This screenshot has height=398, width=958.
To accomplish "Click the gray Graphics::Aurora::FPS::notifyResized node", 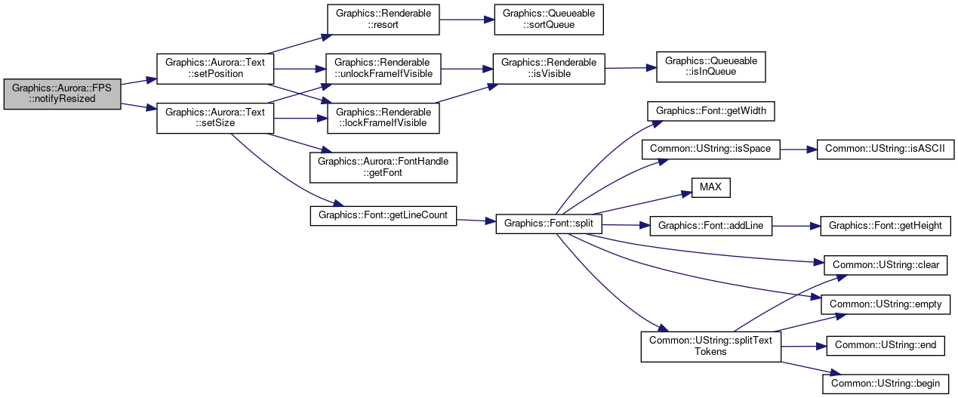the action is click(x=63, y=94).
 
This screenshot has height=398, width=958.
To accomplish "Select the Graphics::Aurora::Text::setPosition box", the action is click(x=215, y=69).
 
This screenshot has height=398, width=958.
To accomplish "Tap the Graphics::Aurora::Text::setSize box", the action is click(x=215, y=118).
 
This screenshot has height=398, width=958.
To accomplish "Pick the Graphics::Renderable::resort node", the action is click(x=384, y=20).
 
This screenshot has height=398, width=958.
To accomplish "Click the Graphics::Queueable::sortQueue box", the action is click(x=549, y=20).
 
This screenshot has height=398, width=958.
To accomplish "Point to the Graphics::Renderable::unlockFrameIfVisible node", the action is click(x=384, y=69).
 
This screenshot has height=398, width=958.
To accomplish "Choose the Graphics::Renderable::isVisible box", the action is click(x=549, y=69).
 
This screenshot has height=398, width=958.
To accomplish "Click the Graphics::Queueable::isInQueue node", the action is click(x=711, y=66).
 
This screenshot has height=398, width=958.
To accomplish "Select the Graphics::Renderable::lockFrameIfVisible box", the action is click(x=384, y=118).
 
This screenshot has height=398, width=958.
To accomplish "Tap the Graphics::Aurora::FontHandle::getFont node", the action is click(x=384, y=168).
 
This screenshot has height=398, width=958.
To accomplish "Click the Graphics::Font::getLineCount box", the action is click(x=384, y=216).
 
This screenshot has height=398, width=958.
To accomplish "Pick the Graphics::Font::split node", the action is click(x=549, y=224).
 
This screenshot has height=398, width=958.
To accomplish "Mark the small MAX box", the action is click(x=711, y=187).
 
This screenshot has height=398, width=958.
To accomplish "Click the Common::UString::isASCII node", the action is click(x=886, y=150).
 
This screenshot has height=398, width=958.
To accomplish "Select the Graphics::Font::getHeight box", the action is click(x=886, y=226).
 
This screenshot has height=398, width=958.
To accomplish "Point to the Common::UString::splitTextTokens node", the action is click(x=711, y=346).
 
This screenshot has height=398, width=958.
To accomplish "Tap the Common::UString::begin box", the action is click(x=886, y=384).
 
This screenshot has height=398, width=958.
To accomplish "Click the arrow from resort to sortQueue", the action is click(x=467, y=20).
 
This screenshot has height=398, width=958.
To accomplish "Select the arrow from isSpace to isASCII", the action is click(x=799, y=150).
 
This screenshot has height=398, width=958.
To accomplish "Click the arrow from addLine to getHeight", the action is click(x=796, y=226).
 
